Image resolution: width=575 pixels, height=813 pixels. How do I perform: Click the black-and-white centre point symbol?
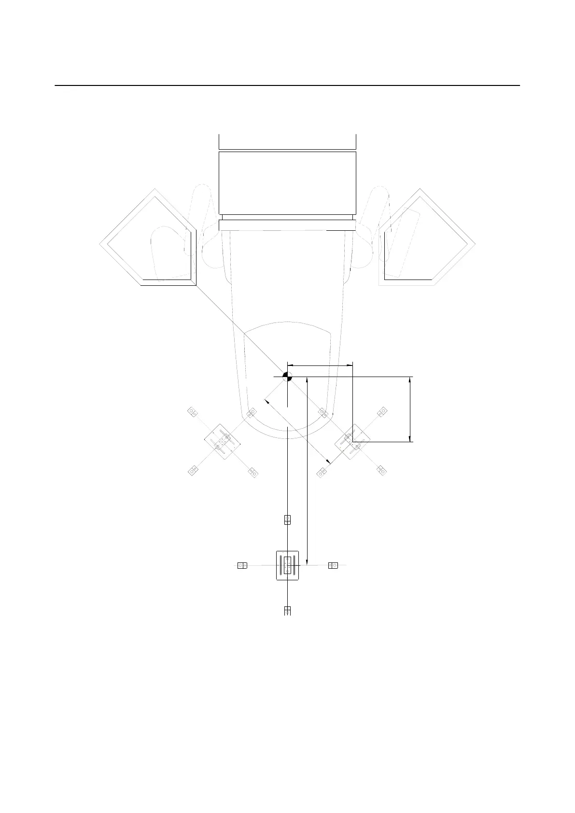(x=287, y=377)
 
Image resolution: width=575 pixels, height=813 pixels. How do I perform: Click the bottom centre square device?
(x=288, y=565)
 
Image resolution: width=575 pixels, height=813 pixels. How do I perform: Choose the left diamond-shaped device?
(x=222, y=442)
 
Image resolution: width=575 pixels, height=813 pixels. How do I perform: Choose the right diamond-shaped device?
(x=352, y=442)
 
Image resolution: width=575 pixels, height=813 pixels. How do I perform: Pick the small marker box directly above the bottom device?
(x=287, y=519)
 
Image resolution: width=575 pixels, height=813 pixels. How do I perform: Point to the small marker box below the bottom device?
(x=287, y=611)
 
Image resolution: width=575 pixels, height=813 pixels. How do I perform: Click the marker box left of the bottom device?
(x=242, y=565)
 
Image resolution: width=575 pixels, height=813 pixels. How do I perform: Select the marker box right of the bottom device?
(x=333, y=565)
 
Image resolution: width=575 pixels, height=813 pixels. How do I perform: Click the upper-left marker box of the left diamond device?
(x=193, y=412)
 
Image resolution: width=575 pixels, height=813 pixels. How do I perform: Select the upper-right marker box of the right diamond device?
(x=382, y=412)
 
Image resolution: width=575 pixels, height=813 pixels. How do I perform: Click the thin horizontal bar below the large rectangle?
(x=287, y=225)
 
